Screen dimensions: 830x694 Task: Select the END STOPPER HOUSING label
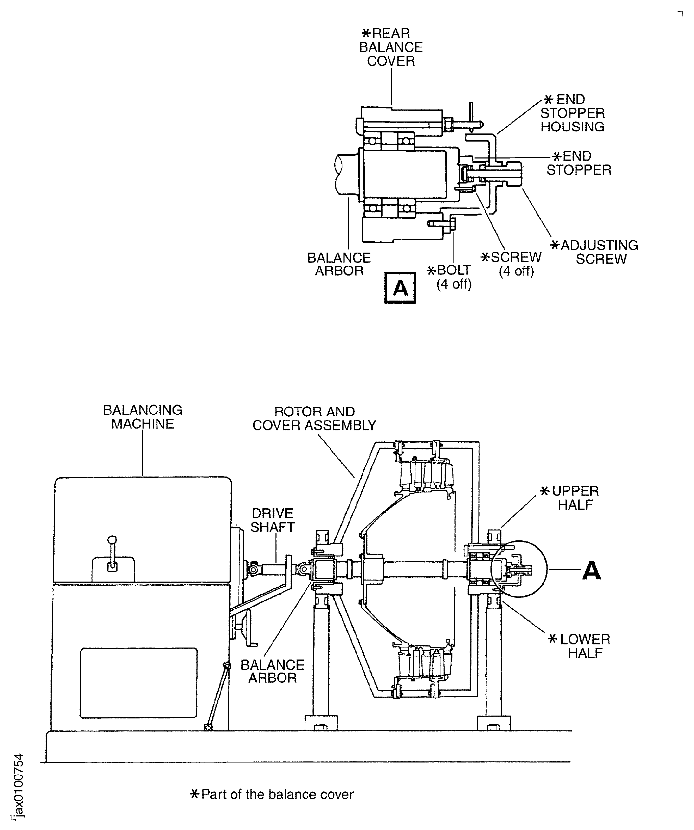(x=572, y=113)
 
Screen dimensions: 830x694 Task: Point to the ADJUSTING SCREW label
(x=595, y=252)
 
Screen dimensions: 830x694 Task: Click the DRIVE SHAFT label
(x=272, y=520)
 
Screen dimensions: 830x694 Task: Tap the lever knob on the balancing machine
(x=113, y=540)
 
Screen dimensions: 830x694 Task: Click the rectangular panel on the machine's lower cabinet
(x=138, y=682)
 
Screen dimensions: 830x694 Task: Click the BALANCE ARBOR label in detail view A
(x=339, y=264)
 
